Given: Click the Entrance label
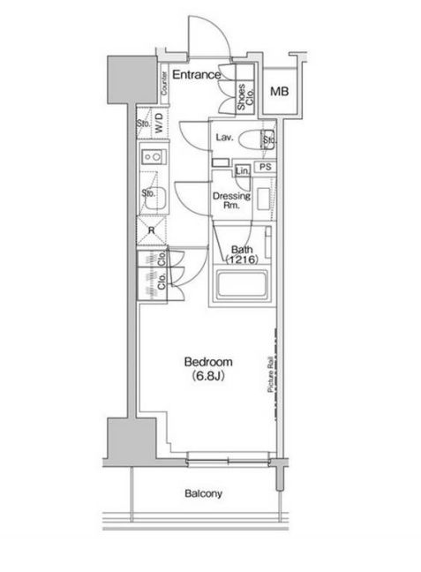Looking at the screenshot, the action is tap(196, 75).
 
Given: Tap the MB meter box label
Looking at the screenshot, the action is tap(280, 91).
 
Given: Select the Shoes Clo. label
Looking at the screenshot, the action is tap(244, 97).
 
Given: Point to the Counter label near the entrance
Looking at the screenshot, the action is tap(164, 83).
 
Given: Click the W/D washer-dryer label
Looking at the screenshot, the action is tap(159, 123).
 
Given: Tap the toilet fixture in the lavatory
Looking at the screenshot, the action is tap(256, 139).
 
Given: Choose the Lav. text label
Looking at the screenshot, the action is tap(224, 138).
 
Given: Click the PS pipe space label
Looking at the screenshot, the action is tap(266, 167).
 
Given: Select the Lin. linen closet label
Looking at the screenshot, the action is tap(242, 170).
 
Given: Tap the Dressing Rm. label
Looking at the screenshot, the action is tap(231, 200).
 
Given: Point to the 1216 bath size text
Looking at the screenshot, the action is tap(242, 260).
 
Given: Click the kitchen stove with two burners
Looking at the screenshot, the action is tap(154, 157).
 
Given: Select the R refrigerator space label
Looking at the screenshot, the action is tap(152, 231).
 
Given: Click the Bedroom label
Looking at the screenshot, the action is tap(208, 362).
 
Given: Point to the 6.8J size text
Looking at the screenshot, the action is tap(208, 376).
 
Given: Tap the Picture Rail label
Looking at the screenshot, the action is tap(270, 374).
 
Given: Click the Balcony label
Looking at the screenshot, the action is tap(203, 493).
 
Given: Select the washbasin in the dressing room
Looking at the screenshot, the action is tap(263, 199).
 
